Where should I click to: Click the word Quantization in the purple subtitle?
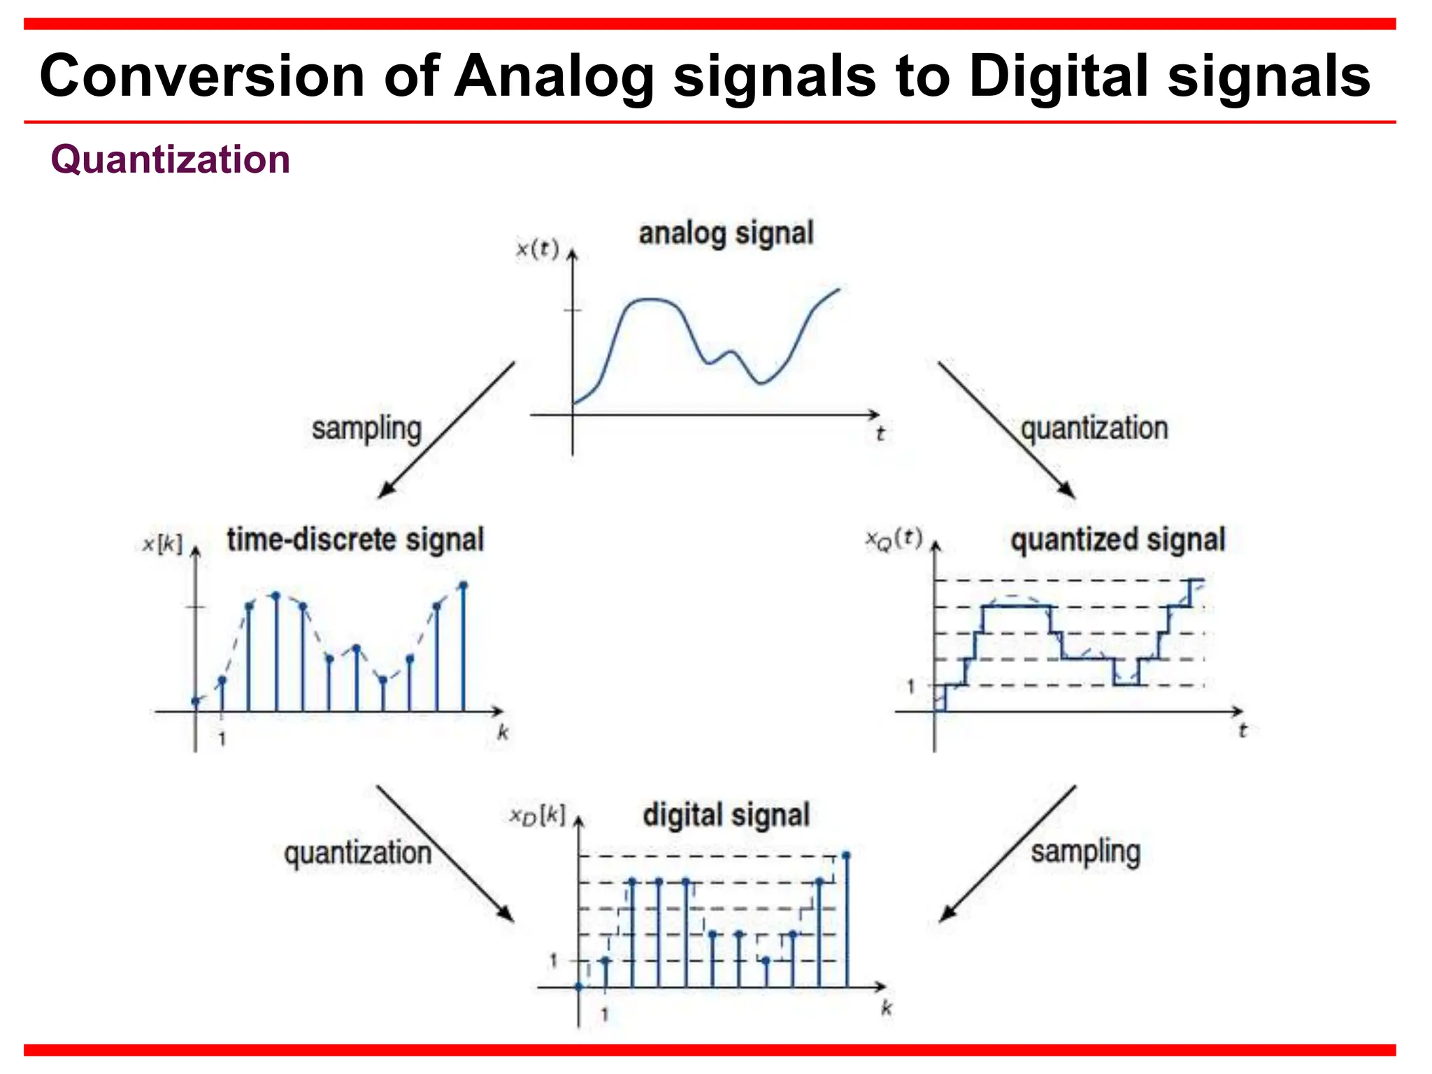(x=170, y=159)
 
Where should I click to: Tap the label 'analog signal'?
(x=726, y=233)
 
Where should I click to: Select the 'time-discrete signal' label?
(x=355, y=540)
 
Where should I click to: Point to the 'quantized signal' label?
(x=1117, y=540)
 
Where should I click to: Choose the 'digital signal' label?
(x=726, y=815)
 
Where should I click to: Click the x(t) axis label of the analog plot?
(x=537, y=248)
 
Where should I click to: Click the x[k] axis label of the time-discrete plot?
(x=162, y=544)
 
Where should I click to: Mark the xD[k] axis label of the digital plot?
(x=537, y=815)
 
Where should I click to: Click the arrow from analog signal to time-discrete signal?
(x=446, y=429)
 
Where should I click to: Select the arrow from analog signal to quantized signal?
(x=1006, y=429)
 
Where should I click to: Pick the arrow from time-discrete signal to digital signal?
(x=445, y=853)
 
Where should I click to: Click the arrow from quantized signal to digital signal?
(x=1007, y=853)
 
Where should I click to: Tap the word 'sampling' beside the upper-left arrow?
(x=366, y=429)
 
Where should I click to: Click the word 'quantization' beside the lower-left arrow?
(x=357, y=853)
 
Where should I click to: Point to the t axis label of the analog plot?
(x=880, y=434)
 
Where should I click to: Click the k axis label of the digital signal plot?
(x=887, y=1008)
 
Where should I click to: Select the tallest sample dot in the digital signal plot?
(x=846, y=855)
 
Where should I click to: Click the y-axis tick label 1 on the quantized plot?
(x=910, y=687)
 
